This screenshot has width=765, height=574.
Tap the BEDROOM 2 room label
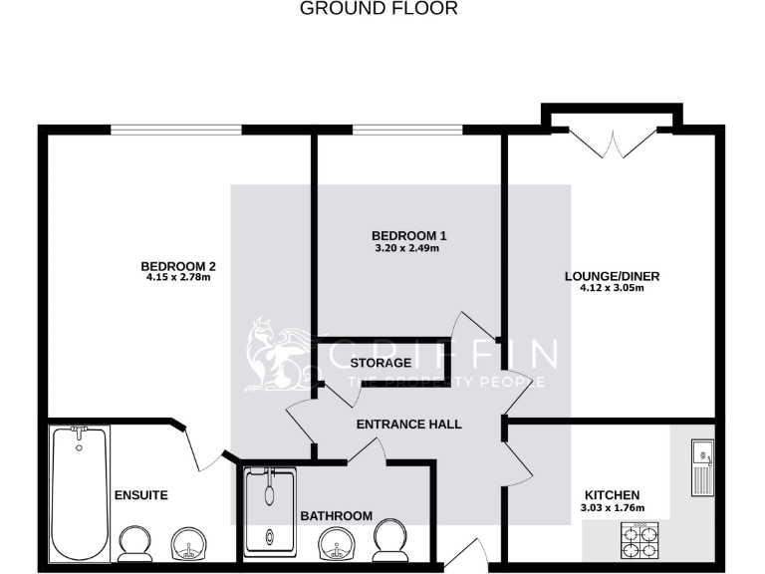click(178, 266)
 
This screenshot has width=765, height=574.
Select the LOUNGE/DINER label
click(613, 276)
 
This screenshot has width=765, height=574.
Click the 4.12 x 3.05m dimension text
click(613, 289)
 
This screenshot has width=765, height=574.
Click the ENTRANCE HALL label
click(408, 424)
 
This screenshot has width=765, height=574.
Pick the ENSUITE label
click(140, 494)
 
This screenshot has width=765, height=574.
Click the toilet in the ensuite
click(134, 545)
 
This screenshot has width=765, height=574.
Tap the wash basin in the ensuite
click(189, 544)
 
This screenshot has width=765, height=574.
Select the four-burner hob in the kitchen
click(637, 543)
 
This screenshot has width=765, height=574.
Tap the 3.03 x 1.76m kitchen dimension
click(613, 508)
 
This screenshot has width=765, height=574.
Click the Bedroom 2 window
click(175, 129)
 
